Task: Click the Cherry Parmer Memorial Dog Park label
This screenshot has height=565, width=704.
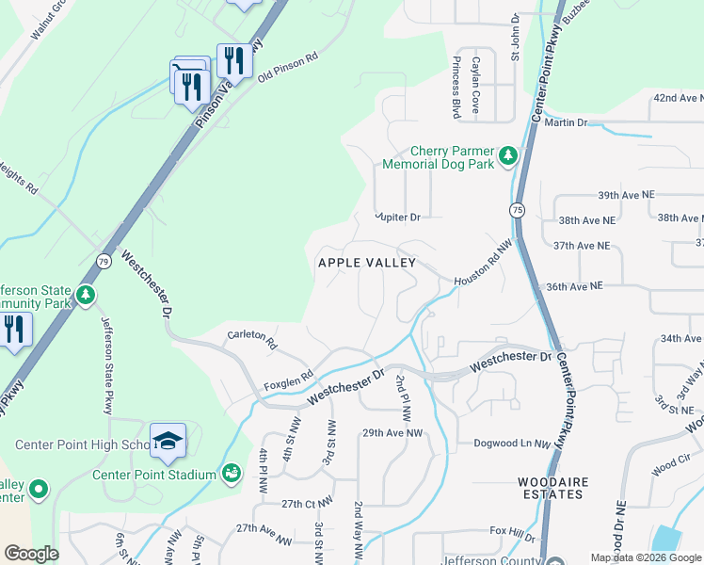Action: (x=439, y=157)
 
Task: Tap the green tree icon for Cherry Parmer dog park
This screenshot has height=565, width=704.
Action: (x=508, y=154)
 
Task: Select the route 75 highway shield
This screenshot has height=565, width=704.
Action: (x=518, y=209)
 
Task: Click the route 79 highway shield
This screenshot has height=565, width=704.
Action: (x=102, y=258)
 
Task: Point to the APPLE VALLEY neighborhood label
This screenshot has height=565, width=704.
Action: (x=366, y=263)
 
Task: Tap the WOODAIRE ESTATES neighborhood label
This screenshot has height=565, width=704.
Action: (x=553, y=489)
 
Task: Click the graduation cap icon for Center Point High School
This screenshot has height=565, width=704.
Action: (x=168, y=441)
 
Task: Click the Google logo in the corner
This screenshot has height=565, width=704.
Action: (x=31, y=553)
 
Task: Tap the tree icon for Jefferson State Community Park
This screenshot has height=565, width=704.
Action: (x=87, y=296)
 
